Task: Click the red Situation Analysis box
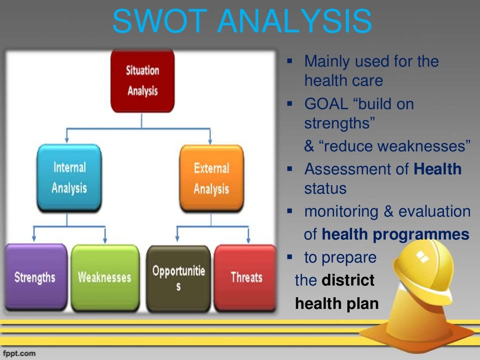142,81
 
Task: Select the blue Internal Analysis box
69,178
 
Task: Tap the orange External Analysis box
211,179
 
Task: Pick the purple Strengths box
35,277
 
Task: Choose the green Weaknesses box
105,277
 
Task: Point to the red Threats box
246,277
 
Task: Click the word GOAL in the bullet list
326,104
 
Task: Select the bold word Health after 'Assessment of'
437,169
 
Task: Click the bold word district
348,280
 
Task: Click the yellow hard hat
422,267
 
